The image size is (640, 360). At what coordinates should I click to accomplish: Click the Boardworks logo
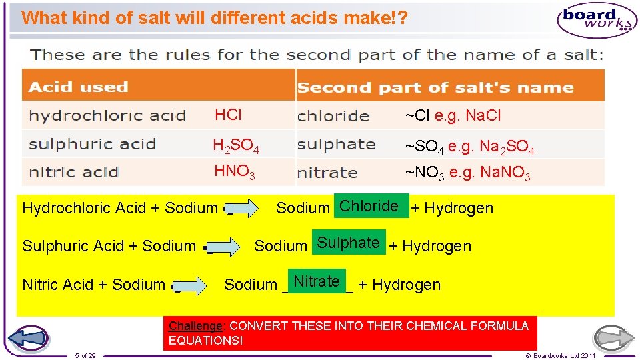tap(597, 20)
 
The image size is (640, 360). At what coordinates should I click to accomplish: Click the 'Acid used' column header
tap(79, 87)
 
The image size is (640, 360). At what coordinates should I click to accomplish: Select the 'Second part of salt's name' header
tap(435, 87)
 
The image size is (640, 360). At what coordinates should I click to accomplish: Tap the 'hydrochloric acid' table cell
tap(107, 116)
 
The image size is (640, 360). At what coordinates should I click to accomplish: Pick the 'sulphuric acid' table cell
tap(92, 144)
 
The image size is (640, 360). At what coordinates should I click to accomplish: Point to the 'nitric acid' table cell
tap(73, 173)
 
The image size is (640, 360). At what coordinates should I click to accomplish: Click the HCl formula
tap(228, 115)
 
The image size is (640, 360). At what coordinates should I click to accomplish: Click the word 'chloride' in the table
tap(333, 116)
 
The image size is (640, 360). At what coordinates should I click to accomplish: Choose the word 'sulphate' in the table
tap(336, 144)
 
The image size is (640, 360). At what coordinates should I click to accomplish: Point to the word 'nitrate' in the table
tap(327, 173)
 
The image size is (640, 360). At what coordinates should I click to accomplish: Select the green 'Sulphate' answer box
tap(349, 243)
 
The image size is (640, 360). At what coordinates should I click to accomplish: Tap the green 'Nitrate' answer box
tap(317, 281)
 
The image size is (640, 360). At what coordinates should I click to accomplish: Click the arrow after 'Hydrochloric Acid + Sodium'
tap(241, 209)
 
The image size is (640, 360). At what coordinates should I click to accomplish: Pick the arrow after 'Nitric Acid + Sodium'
tap(188, 285)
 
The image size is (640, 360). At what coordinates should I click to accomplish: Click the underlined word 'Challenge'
tap(196, 326)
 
